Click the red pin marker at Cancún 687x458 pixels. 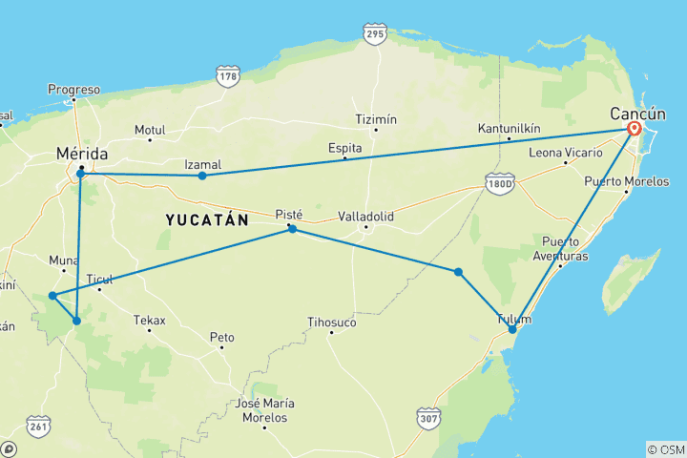point(635,129)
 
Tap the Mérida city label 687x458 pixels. point(82,154)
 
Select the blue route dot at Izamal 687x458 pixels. point(202,176)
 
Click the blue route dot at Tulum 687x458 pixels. point(512,329)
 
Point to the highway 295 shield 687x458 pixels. point(374,34)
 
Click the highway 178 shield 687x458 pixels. point(227,76)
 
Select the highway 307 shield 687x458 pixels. point(428,418)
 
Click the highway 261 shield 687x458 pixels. point(39,424)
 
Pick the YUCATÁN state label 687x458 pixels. point(207,219)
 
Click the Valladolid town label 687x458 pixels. point(365,217)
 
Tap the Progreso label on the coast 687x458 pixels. point(73,90)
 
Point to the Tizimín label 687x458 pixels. point(375,119)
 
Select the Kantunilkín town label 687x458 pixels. point(510,128)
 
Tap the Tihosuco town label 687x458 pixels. point(331,323)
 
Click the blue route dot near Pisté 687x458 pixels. point(292,229)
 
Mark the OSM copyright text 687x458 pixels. point(665,449)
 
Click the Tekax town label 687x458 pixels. point(149,320)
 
